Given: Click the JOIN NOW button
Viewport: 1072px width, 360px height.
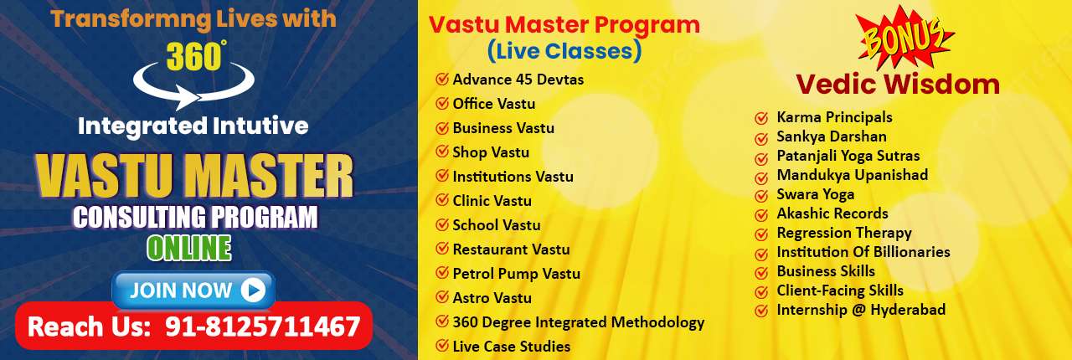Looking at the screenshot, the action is (193, 291).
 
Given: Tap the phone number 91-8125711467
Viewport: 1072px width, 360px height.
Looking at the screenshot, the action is (262, 327).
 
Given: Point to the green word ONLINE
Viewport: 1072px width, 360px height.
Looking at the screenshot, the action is (189, 248).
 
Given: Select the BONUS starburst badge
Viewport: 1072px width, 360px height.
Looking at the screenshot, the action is (904, 39).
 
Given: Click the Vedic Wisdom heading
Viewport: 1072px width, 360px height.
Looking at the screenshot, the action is (898, 85).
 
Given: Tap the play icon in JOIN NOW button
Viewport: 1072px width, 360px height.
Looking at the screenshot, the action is (253, 291).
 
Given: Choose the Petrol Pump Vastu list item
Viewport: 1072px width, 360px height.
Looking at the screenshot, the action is (517, 274).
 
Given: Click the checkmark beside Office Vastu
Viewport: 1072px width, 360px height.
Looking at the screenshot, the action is (441, 104).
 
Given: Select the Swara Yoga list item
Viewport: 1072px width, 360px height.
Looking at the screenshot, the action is (815, 194).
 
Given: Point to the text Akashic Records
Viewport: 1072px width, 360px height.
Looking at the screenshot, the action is (832, 213).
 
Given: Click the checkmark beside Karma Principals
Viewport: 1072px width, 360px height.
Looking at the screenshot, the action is (761, 118).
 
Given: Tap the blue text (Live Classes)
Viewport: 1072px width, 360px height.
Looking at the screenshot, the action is (564, 51).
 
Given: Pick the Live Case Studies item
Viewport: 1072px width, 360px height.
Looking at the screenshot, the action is (512, 346).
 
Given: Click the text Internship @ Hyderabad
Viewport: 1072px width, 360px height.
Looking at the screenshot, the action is (861, 310).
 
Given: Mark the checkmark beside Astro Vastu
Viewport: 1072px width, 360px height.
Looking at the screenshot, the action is (441, 297).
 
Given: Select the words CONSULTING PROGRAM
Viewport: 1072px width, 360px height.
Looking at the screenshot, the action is (195, 218).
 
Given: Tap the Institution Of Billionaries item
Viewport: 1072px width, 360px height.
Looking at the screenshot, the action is (863, 252).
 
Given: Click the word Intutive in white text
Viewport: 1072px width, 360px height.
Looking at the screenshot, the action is (260, 126).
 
